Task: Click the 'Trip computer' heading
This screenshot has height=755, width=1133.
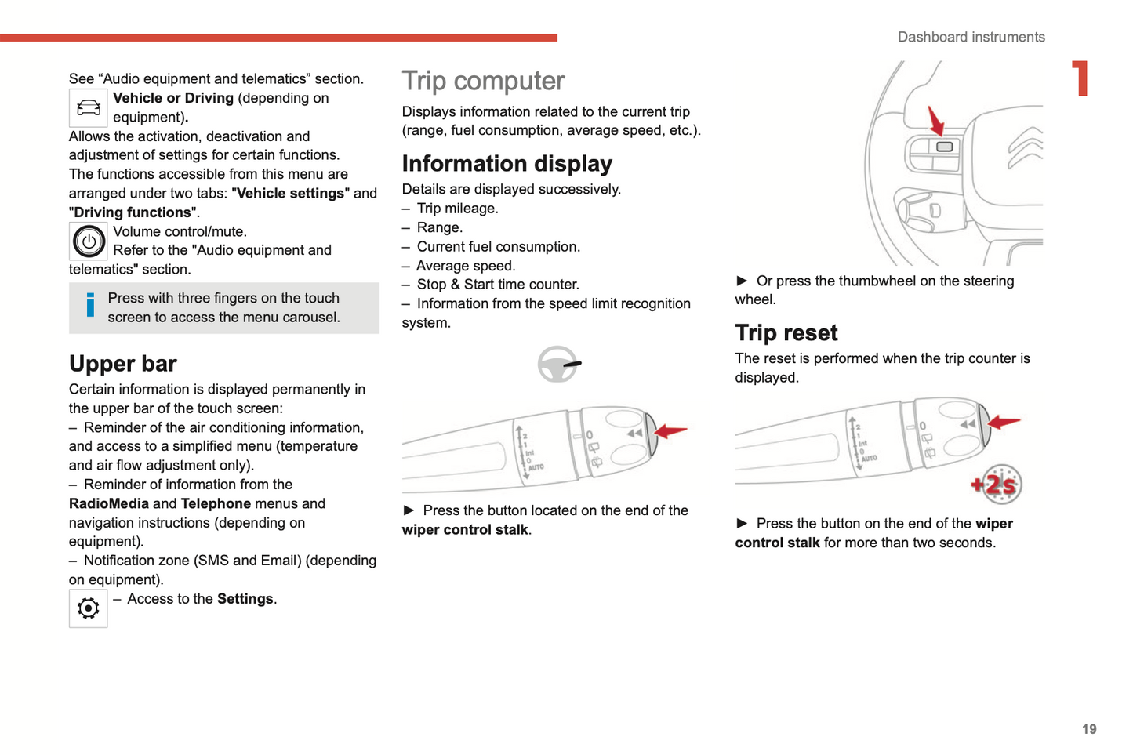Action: click(483, 81)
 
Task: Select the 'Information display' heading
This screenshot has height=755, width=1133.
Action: click(507, 163)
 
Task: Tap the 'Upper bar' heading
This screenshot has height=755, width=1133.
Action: click(123, 364)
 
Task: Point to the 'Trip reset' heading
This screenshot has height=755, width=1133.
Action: click(786, 333)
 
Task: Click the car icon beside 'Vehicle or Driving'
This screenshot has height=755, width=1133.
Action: click(89, 108)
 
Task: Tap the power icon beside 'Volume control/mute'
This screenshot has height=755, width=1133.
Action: click(89, 241)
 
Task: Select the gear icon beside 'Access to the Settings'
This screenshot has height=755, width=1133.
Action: click(89, 608)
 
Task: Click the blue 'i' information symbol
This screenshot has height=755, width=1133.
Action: click(90, 305)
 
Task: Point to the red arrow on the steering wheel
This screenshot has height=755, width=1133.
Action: click(935, 122)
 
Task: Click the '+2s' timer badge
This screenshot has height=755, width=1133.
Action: click(997, 485)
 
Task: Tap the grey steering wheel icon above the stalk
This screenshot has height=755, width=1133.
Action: click(557, 364)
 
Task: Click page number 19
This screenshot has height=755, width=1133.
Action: click(1089, 729)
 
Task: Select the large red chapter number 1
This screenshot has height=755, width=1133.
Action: click(1081, 78)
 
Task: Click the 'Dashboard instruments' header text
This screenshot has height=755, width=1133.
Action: click(971, 37)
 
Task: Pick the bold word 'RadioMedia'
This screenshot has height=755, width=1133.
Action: click(109, 503)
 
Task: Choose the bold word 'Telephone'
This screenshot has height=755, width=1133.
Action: click(216, 503)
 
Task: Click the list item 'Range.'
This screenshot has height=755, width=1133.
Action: click(439, 227)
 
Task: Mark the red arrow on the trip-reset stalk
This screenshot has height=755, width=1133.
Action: click(1004, 423)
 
